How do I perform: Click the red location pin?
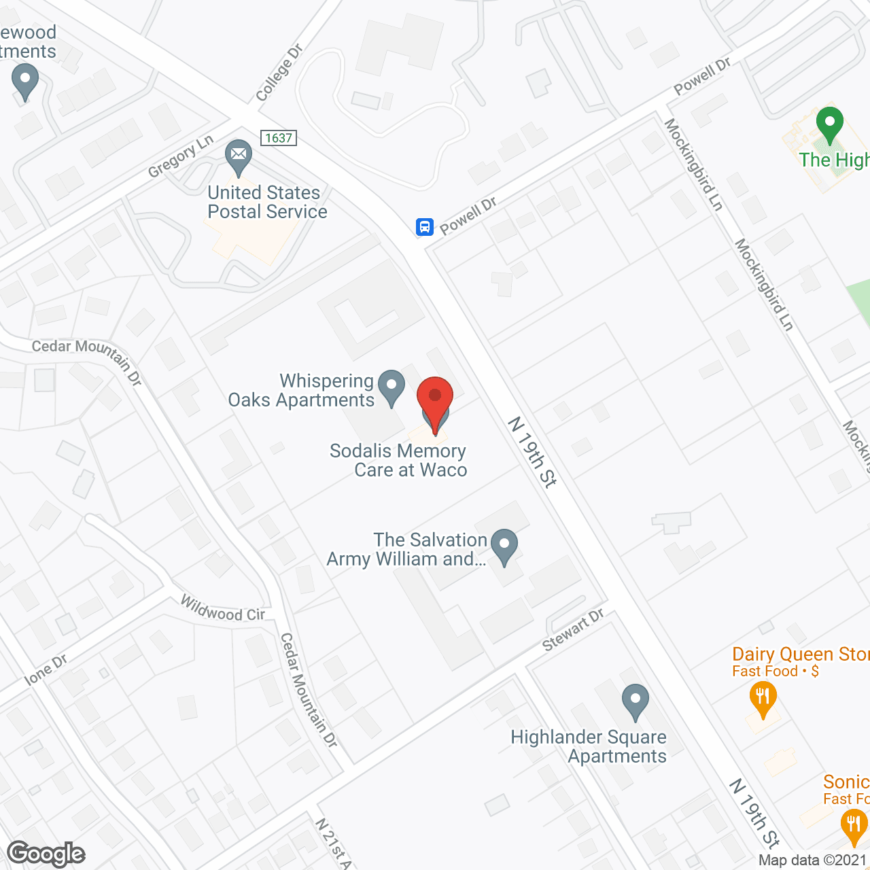(x=434, y=397)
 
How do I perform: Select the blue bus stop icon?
(x=425, y=226)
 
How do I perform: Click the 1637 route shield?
(x=279, y=138)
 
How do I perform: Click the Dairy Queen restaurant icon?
(x=763, y=698)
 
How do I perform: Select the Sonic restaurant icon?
(x=853, y=826)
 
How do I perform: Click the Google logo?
(x=46, y=854)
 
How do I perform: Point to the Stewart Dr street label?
(x=574, y=630)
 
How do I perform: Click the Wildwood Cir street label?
(x=222, y=609)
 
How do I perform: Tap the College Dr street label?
(x=279, y=73)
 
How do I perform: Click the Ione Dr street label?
(x=46, y=670)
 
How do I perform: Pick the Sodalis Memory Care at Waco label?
(x=399, y=460)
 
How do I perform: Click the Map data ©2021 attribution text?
(x=813, y=860)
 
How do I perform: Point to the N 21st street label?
(x=333, y=843)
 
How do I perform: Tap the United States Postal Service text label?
(x=267, y=203)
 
